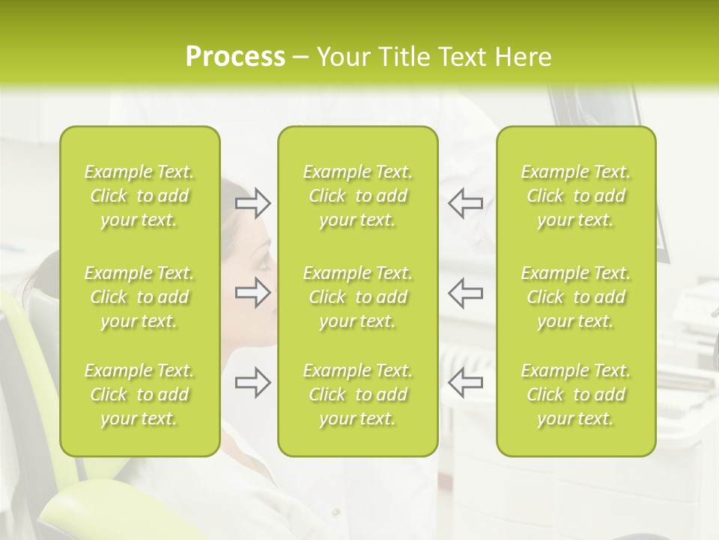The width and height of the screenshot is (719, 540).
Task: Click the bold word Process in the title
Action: tap(235, 57)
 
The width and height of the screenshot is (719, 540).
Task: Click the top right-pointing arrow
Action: tap(253, 203)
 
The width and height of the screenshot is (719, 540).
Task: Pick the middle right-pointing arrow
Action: tap(253, 292)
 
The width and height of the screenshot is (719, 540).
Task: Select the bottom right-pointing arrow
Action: tap(253, 382)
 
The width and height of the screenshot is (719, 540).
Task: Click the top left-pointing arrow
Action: tap(465, 203)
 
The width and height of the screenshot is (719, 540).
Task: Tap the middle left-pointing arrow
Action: tap(465, 292)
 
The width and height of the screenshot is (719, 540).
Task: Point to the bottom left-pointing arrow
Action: tap(465, 382)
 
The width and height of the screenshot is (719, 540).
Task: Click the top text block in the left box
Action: tap(139, 196)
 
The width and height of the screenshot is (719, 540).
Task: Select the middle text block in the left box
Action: tap(139, 297)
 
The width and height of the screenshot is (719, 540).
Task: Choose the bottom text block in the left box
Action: tap(139, 394)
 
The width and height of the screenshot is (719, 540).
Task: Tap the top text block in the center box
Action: tap(357, 196)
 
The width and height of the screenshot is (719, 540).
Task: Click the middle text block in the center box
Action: tap(357, 297)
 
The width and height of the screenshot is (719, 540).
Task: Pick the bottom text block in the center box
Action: tap(357, 394)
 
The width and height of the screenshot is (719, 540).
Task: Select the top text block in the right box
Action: tap(575, 196)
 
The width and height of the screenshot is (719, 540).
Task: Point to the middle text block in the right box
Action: tap(575, 297)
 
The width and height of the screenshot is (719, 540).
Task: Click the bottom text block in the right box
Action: tap(575, 394)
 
